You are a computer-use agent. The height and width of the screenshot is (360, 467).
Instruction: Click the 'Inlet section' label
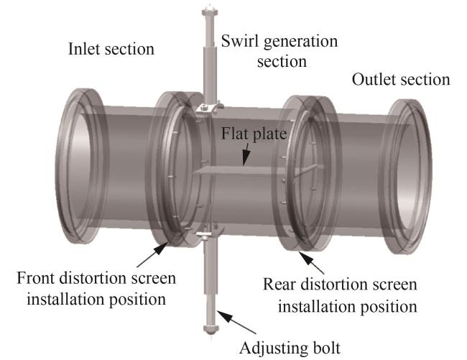point(111,50)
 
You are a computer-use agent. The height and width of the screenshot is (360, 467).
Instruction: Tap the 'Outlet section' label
point(401,78)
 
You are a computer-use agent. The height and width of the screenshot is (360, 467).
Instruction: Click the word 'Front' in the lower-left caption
point(38,278)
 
